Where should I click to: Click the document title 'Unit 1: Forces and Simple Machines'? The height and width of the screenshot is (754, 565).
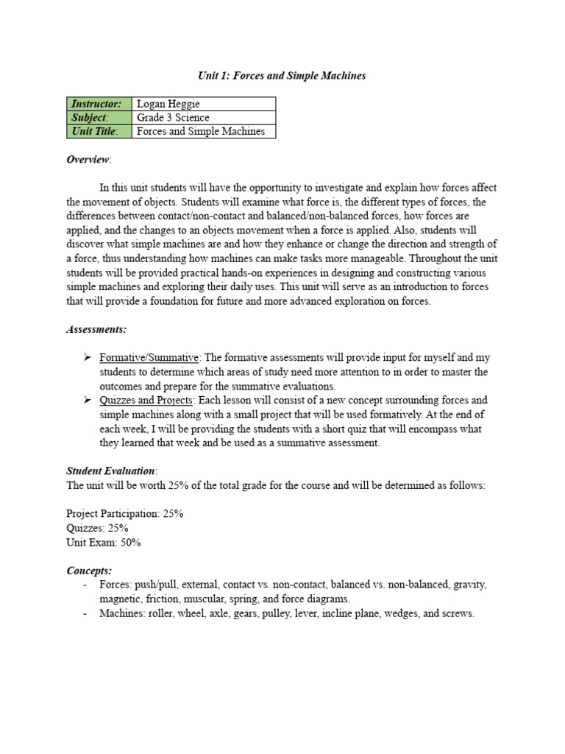282,75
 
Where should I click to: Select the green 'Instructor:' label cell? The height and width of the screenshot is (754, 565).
99,104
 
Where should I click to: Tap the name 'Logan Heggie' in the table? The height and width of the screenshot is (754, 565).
168,104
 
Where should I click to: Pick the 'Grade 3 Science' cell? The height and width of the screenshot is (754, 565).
174,118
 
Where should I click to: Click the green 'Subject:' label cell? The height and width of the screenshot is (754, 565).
99,118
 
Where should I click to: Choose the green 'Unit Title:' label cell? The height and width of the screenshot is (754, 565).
99,132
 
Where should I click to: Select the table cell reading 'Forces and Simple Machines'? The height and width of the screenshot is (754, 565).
201,132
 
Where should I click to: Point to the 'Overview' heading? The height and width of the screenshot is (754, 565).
88,160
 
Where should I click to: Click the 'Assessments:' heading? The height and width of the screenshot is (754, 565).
96,329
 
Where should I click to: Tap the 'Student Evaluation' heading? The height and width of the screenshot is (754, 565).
110,471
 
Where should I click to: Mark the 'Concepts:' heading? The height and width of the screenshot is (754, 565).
89,570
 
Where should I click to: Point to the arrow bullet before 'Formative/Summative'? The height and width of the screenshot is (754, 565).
87,358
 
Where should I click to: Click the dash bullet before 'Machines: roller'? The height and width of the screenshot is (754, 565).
86,613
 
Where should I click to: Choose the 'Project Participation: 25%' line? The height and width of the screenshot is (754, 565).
124,514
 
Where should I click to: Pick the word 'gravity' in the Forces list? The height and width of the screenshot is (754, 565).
470,585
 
